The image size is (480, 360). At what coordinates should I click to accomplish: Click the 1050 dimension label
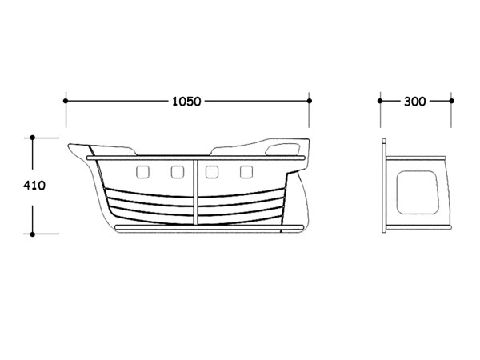coord(186,102)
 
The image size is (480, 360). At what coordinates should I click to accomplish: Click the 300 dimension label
coord(414,102)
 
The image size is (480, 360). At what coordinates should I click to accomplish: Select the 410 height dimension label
coord(34,186)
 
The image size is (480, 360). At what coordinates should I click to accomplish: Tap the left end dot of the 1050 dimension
coord(66,101)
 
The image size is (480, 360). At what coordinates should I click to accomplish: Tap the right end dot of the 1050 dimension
coord(309,101)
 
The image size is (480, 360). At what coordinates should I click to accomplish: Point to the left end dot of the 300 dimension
coord(380,101)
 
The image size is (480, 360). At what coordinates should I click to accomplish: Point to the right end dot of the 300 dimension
coord(451,101)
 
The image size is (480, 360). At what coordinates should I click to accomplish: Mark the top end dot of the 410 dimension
coord(33,138)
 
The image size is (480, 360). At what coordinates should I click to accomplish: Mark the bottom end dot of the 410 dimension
coord(33,234)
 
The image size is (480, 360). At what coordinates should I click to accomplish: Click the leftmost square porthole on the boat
coord(142,172)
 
